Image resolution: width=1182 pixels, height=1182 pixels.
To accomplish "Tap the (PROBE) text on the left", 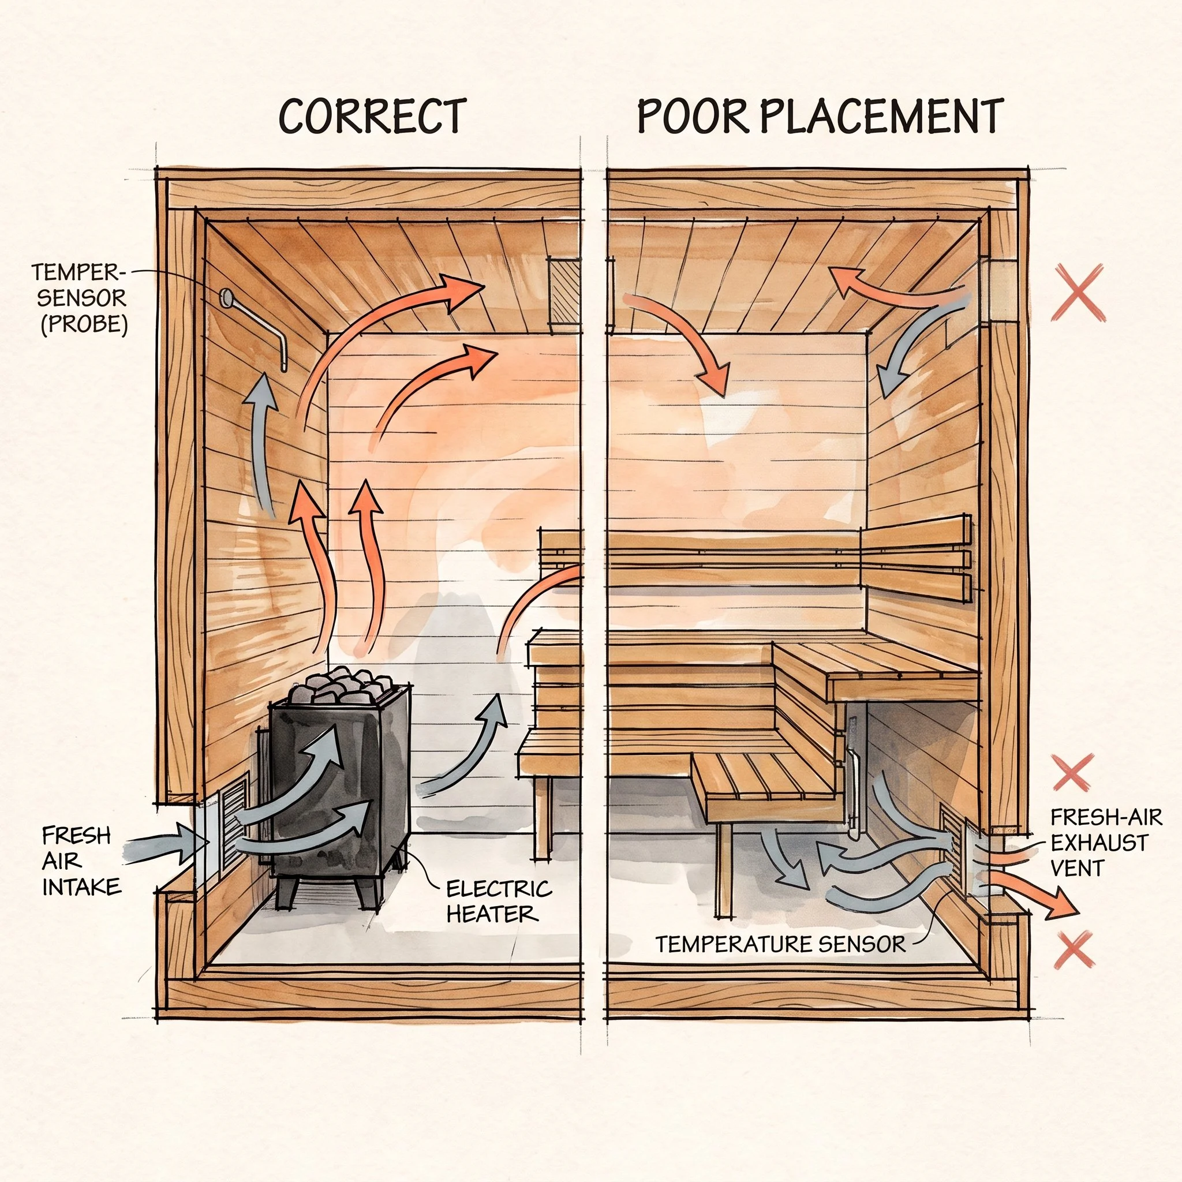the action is pyautogui.click(x=84, y=324).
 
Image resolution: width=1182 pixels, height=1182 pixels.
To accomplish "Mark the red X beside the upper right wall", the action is pyautogui.click(x=1078, y=293).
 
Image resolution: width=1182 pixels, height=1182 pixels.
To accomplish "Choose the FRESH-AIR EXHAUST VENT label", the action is pyautogui.click(x=1100, y=843).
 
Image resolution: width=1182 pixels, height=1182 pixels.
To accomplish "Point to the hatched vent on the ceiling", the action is pyautogui.click(x=563, y=290).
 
